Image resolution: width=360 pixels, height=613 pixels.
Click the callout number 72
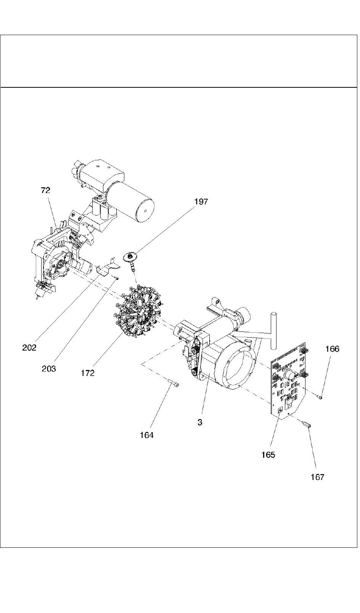click(45, 190)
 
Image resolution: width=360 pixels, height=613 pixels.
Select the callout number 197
click(201, 202)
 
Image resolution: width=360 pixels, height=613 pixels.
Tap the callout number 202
click(29, 348)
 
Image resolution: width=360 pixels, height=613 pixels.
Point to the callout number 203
click(49, 368)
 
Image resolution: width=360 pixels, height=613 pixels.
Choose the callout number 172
click(87, 373)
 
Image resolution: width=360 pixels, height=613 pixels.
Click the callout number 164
click(146, 435)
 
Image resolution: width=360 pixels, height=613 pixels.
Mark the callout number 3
click(200, 423)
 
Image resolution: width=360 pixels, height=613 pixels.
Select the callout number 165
click(268, 455)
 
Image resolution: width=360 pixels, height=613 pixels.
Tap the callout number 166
click(332, 349)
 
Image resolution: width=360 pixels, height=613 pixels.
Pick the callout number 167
click(317, 477)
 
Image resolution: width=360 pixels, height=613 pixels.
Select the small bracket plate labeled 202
click(106, 268)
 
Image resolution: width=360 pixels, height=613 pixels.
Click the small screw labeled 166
click(320, 397)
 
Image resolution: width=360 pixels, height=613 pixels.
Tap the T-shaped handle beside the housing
click(273, 328)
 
